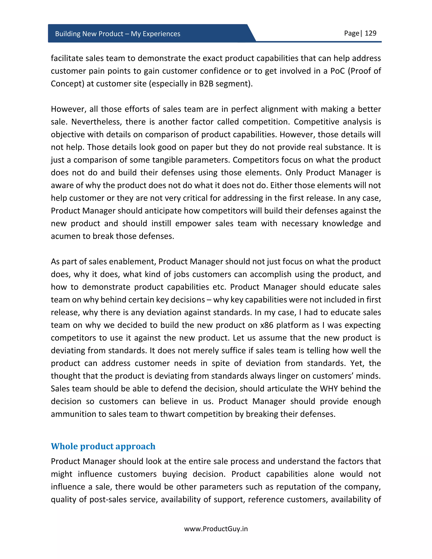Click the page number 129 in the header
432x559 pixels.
click(370, 33)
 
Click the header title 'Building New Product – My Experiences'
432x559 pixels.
click(117, 34)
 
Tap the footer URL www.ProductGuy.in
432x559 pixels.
click(216, 529)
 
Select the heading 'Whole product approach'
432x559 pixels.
click(103, 446)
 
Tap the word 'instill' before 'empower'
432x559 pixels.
click(161, 223)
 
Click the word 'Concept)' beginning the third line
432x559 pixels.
click(67, 84)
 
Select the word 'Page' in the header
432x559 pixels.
click(351, 33)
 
